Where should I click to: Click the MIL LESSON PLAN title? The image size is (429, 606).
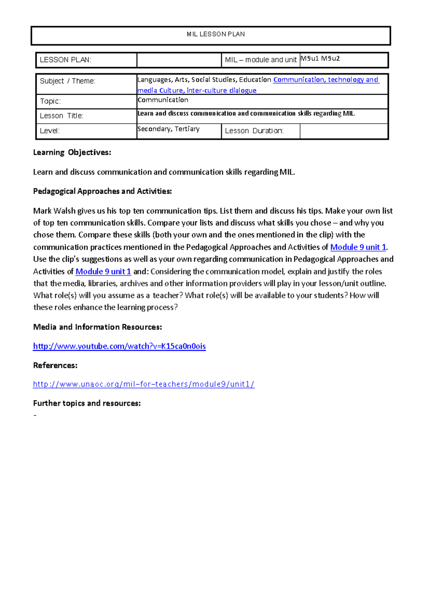(216, 34)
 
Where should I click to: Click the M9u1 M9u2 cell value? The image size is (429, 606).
(320, 59)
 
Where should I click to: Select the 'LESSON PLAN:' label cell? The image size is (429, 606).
(66, 60)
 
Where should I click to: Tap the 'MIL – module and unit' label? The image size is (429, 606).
(261, 60)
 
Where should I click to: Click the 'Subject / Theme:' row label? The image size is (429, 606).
(68, 81)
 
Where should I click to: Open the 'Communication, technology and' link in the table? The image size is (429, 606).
(326, 80)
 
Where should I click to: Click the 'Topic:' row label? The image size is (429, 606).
(50, 101)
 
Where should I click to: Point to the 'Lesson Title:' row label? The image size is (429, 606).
(61, 116)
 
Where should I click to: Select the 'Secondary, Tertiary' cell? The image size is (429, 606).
(168, 129)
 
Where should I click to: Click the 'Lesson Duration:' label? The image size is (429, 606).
(254, 131)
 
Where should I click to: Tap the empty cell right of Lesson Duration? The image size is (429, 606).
(344, 131)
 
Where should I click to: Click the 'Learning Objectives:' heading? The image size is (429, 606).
(72, 153)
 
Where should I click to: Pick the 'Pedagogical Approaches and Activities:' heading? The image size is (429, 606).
(103, 192)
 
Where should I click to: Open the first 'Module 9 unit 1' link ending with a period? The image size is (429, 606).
(358, 247)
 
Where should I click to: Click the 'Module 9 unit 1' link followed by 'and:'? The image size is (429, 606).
(103, 272)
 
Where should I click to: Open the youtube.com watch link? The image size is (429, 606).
(119, 346)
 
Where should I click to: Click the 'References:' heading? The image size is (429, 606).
(55, 366)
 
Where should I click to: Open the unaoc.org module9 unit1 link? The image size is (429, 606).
(144, 384)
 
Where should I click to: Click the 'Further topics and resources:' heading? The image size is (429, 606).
(87, 403)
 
